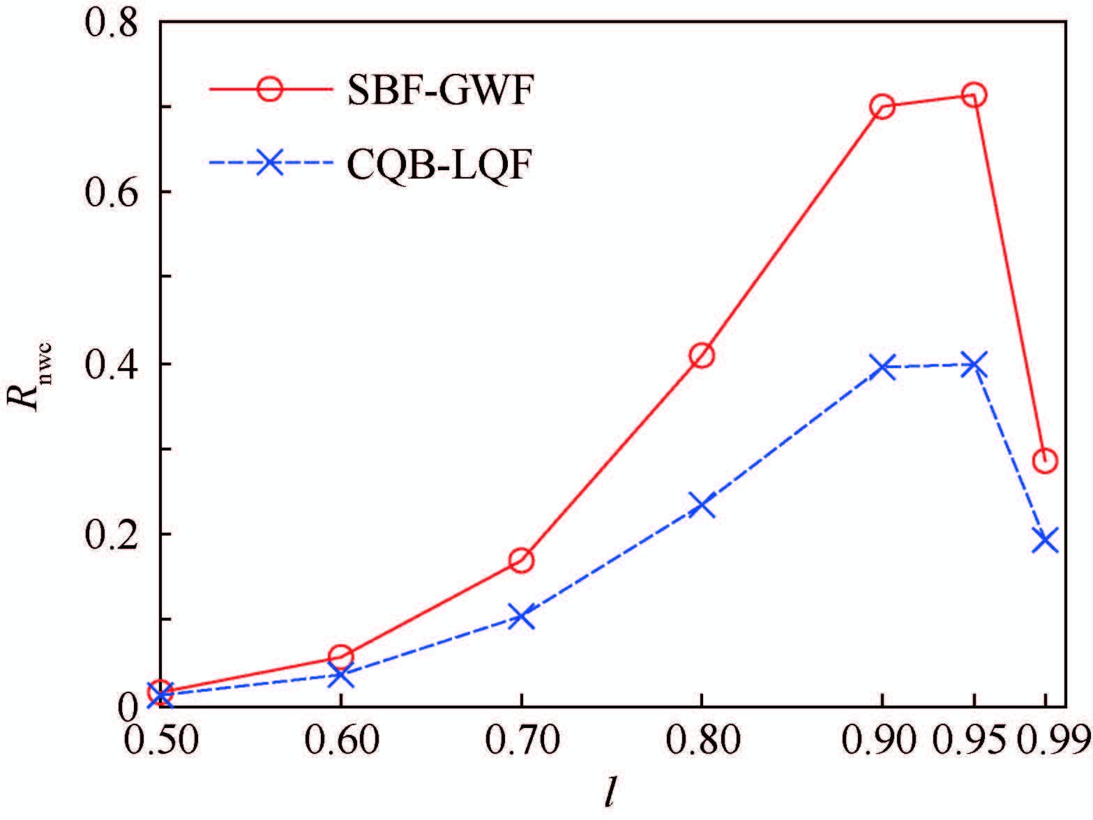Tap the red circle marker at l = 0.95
click(974, 95)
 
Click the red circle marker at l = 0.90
click(882, 107)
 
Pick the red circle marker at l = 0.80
click(702, 356)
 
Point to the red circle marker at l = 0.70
click(521, 561)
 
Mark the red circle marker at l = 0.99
click(1045, 460)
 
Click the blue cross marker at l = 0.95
click(974, 365)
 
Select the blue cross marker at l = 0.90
click(882, 367)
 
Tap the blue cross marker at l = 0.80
click(702, 505)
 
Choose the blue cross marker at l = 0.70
click(521, 617)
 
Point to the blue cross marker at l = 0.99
click(1045, 540)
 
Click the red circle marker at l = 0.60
click(340, 657)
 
